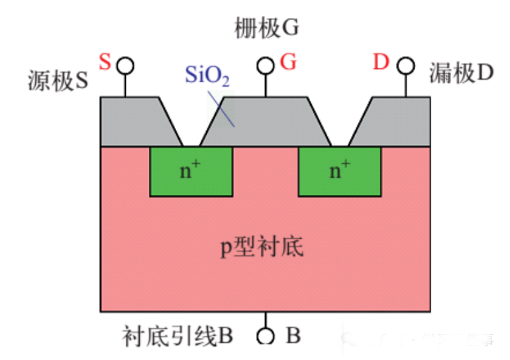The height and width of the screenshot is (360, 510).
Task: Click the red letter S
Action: [105, 63]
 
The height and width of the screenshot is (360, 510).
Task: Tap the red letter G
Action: [288, 63]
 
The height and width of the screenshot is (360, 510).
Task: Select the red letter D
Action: [380, 63]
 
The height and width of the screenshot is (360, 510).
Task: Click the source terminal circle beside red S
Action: [125, 66]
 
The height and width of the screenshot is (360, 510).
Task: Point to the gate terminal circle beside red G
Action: [266, 66]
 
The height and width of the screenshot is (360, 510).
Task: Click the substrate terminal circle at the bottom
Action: [266, 336]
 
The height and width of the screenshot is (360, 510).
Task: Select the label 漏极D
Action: [462, 73]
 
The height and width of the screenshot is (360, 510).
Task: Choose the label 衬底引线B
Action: [177, 336]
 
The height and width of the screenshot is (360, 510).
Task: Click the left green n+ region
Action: [191, 172]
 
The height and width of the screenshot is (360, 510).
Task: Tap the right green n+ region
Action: [340, 172]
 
